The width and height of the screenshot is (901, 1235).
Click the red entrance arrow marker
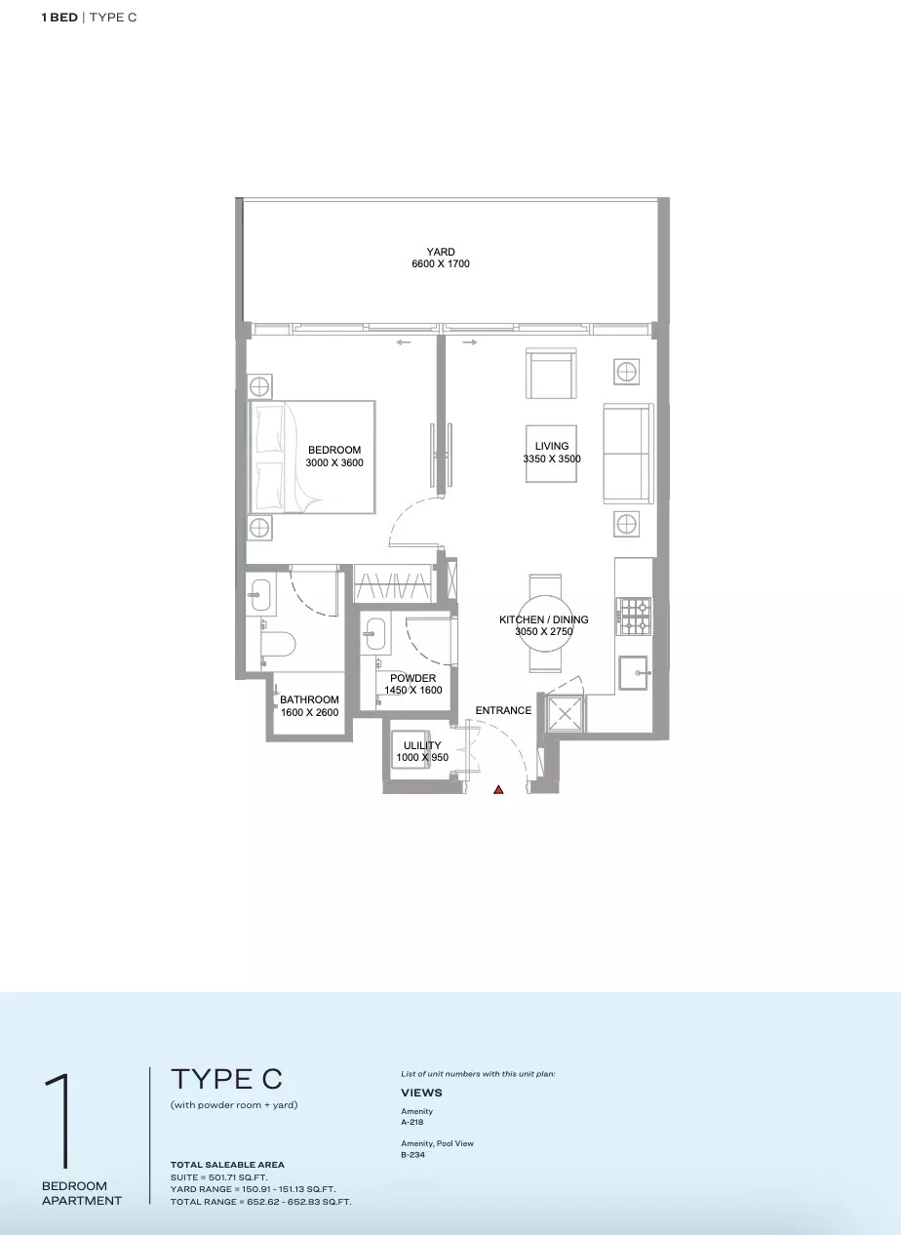click(498, 789)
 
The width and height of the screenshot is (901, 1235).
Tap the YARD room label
click(441, 252)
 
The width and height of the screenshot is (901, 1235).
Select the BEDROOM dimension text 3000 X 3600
click(334, 463)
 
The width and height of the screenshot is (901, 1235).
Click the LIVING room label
click(552, 446)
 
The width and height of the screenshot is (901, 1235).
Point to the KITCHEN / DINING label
click(543, 619)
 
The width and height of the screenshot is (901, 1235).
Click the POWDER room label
click(413, 678)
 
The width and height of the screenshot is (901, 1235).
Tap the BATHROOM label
click(309, 699)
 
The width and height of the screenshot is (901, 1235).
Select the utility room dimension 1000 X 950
click(422, 758)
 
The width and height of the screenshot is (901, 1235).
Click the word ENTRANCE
click(503, 710)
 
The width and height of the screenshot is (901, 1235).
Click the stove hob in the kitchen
click(635, 616)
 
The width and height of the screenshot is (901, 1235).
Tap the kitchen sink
click(636, 673)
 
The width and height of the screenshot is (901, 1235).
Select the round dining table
click(544, 622)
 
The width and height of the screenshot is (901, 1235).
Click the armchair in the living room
click(551, 374)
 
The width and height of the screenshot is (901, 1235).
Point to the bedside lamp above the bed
click(260, 386)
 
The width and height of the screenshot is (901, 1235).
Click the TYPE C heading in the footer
click(226, 1079)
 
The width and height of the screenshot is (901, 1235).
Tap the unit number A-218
click(411, 1122)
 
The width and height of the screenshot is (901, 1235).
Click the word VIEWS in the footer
click(421, 1093)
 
